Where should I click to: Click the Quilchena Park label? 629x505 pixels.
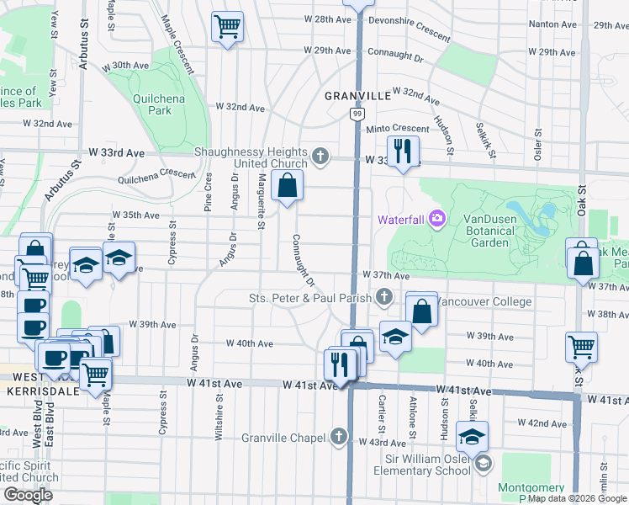(152, 104)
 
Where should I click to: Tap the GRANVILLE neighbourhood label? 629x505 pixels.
(359, 96)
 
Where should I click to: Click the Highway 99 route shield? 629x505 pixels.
(357, 113)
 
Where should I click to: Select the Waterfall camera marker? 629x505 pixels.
(436, 219)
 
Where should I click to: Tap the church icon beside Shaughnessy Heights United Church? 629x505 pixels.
(320, 156)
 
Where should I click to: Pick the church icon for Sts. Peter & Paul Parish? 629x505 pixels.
(384, 296)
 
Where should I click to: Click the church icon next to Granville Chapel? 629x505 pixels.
(338, 436)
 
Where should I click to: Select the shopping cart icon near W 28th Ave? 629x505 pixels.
(227, 27)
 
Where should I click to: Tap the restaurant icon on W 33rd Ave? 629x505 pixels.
(404, 151)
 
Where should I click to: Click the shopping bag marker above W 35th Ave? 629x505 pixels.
(288, 185)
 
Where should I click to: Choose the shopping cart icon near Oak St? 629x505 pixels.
(581, 346)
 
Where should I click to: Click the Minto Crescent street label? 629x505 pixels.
(398, 128)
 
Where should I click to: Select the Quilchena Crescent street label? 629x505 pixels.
(156, 175)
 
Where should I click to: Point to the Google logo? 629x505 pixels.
(29, 495)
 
